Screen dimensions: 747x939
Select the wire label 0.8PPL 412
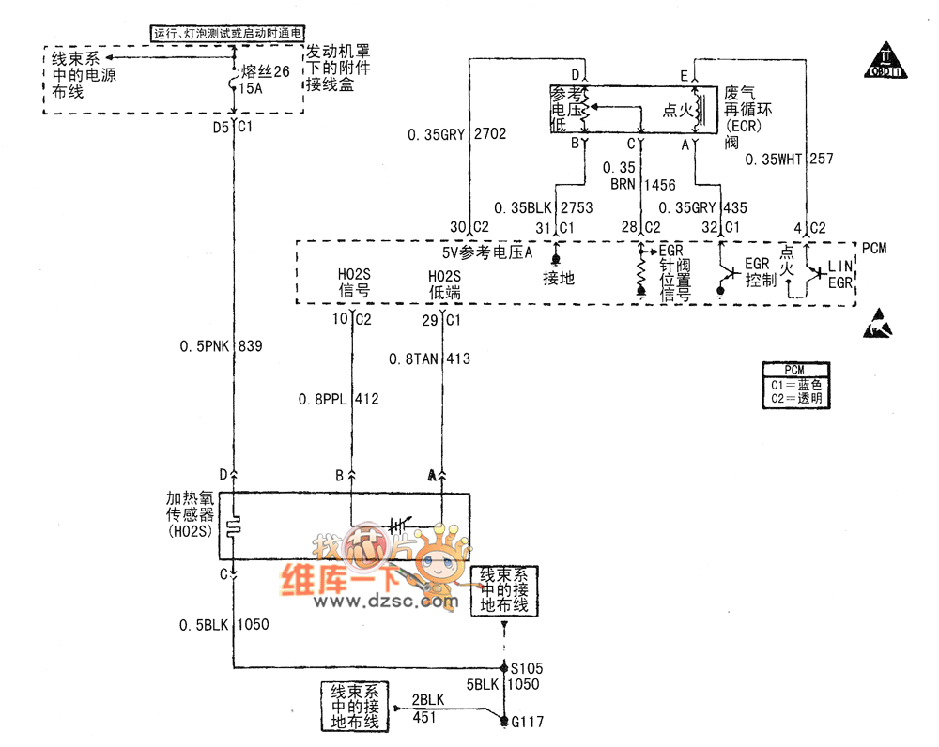(339, 400)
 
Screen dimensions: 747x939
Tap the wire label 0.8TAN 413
(430, 358)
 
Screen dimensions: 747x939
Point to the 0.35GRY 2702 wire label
(456, 134)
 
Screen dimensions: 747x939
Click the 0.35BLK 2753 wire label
(545, 207)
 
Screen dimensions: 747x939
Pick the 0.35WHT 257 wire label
(789, 160)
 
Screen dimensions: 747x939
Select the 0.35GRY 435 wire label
(702, 207)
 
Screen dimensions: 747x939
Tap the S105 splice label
(526, 668)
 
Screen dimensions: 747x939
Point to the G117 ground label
(526, 722)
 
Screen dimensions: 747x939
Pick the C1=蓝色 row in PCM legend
(793, 384)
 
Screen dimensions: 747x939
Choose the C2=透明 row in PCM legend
(793, 398)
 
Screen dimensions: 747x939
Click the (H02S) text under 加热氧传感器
(191, 532)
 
